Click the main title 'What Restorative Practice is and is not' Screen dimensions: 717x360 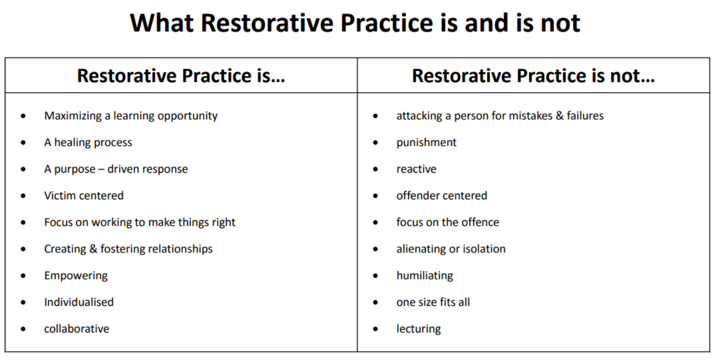(355, 23)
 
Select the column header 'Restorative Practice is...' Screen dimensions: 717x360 (181, 76)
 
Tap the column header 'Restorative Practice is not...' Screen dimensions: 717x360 (533, 76)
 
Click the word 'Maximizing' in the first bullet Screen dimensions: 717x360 (73, 116)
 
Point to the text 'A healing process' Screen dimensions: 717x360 (88, 143)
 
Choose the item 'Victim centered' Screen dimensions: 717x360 (84, 196)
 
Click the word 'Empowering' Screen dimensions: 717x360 (76, 276)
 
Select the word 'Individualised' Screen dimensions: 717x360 (79, 302)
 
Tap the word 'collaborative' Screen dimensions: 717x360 (76, 329)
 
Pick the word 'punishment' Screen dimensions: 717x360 (426, 143)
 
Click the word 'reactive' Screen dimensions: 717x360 (416, 169)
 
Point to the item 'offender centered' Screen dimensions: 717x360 (442, 196)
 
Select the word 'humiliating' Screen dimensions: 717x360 (425, 276)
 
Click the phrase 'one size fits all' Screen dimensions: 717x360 (433, 302)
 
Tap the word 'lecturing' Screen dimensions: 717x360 (419, 329)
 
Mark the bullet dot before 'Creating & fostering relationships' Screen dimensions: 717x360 (23, 249)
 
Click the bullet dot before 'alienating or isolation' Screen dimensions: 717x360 (375, 249)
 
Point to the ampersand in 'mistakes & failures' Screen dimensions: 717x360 (559, 115)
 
